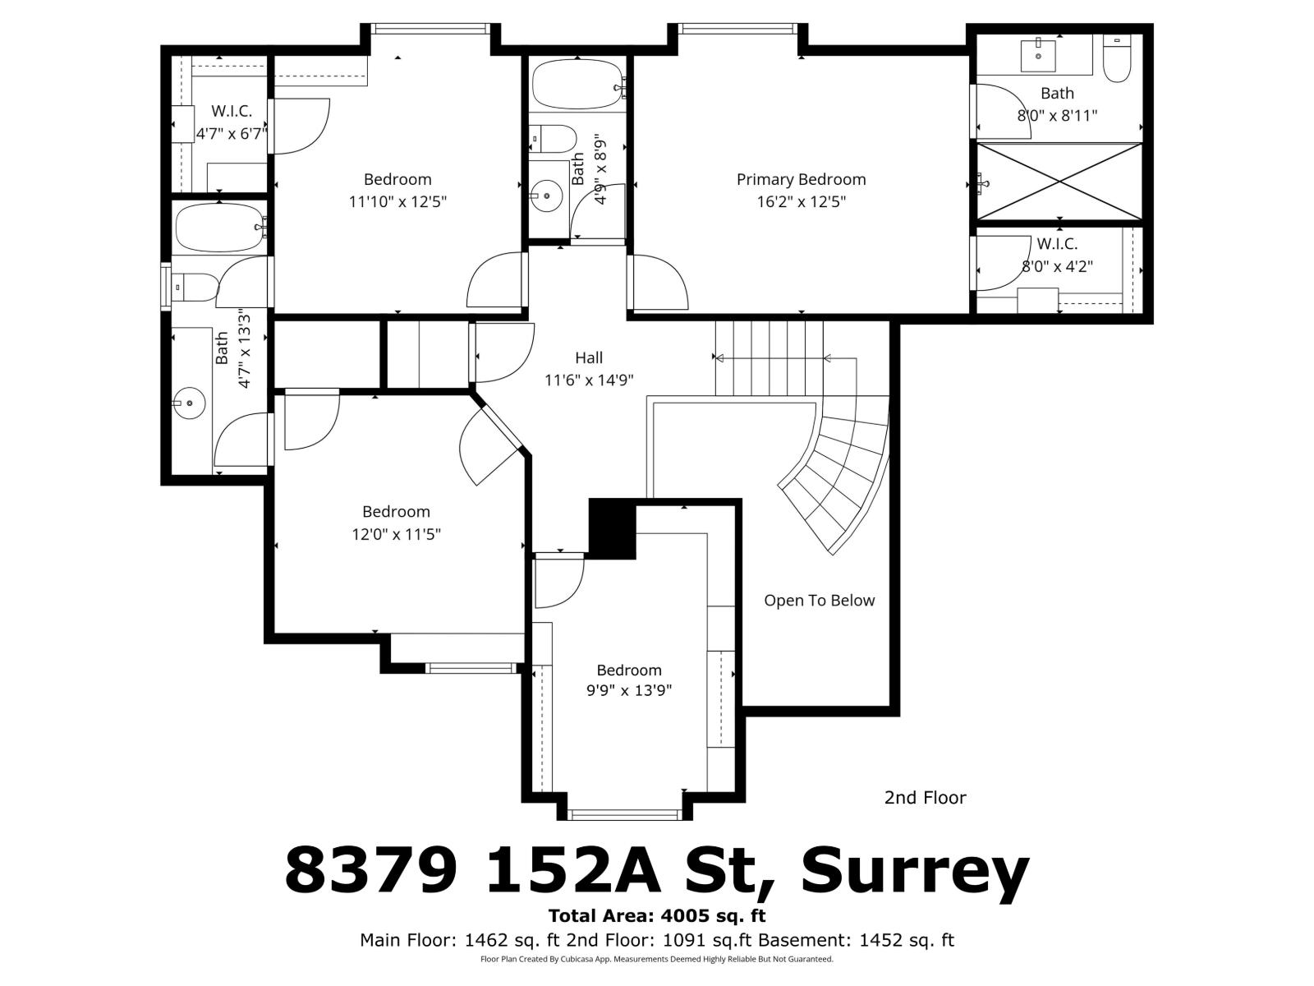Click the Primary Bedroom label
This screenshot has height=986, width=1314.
click(x=801, y=179)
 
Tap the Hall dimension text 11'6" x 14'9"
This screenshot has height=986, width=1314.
click(x=589, y=380)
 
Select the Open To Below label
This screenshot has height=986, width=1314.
click(x=819, y=601)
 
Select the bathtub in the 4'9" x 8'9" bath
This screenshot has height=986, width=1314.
click(x=576, y=85)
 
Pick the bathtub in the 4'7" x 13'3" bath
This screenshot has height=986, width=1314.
click(x=218, y=226)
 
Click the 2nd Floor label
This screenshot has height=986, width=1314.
click(x=925, y=797)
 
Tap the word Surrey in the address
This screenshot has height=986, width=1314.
click(x=914, y=872)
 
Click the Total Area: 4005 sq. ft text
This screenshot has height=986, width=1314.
click(x=657, y=915)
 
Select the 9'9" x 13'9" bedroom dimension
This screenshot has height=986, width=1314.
click(x=628, y=691)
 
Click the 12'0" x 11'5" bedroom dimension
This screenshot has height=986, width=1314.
click(x=396, y=534)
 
